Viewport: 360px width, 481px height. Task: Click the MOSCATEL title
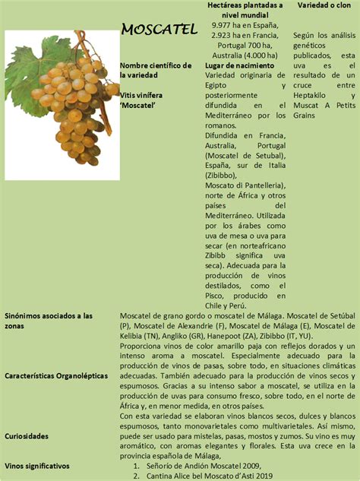[x=159, y=30]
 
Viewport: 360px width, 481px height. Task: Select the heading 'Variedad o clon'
[x=324, y=5]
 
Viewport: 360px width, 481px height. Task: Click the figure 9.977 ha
[x=229, y=25]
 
